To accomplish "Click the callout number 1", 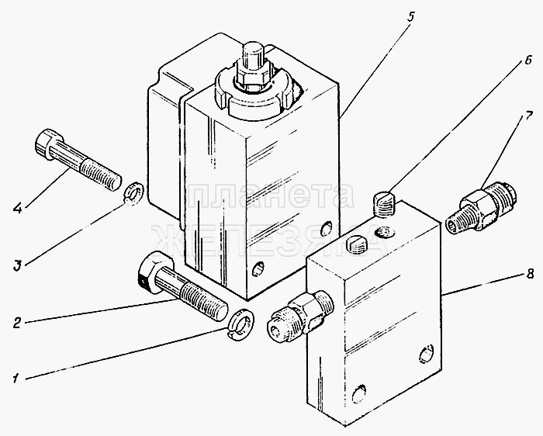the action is pyautogui.click(x=16, y=378).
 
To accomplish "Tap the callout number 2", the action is pyautogui.click(x=16, y=323).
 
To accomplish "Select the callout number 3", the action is pyautogui.click(x=18, y=266).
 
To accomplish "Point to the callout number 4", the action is pyautogui.click(x=17, y=208).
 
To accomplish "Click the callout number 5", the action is pyautogui.click(x=410, y=16).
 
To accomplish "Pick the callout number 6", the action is pyautogui.click(x=527, y=60).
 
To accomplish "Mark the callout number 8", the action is pyautogui.click(x=530, y=275).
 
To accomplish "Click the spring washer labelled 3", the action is pyautogui.click(x=133, y=192).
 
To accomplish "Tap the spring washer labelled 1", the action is pyautogui.click(x=242, y=324).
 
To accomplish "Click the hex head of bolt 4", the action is pyautogui.click(x=48, y=144).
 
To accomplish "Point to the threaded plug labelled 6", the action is pyautogui.click(x=385, y=204).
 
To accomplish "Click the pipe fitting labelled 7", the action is pyautogui.click(x=481, y=209).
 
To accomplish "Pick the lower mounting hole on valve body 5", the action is pyautogui.click(x=258, y=268).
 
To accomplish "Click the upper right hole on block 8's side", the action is pyautogui.click(x=427, y=354).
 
